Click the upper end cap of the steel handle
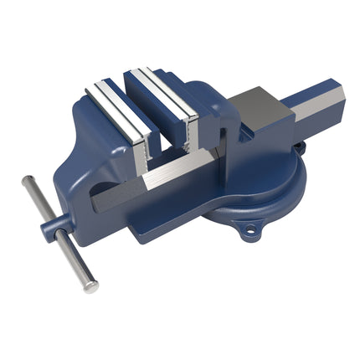(x=28, y=182)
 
